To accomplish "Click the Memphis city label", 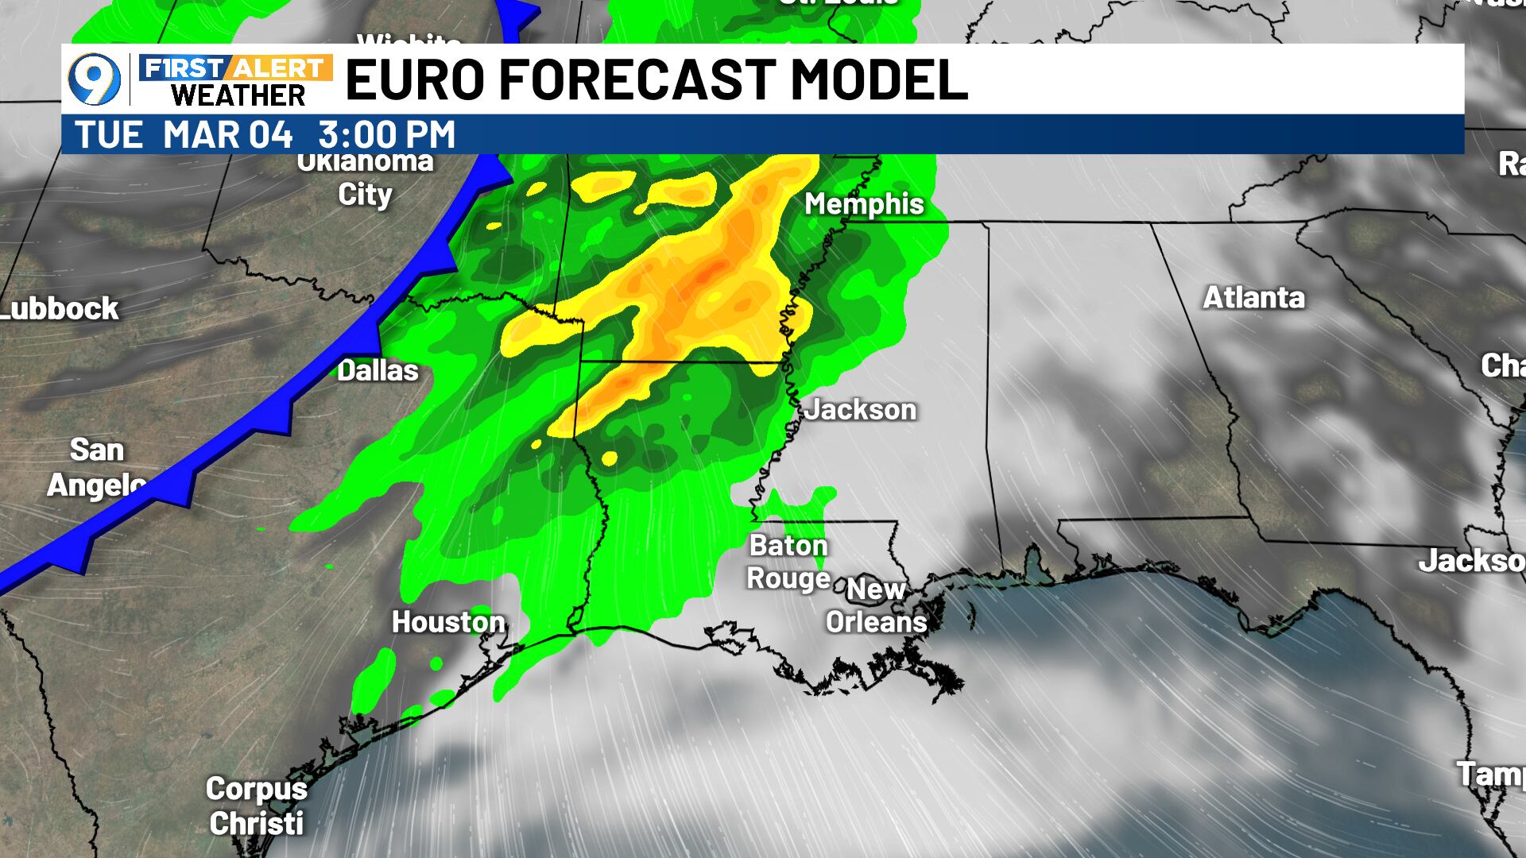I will click(864, 204).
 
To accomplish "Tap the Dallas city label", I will click(378, 370).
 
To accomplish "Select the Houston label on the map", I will click(448, 622).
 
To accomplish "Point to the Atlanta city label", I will click(1253, 298).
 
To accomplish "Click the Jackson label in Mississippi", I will click(860, 410).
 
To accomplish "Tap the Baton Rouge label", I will click(788, 562).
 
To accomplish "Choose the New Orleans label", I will click(876, 605).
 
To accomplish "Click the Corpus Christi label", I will click(256, 806).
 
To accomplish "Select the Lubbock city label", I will click(60, 308).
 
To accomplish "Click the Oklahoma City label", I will click(366, 179).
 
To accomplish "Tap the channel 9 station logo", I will click(95, 79).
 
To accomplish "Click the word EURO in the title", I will click(414, 79).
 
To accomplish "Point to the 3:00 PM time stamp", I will click(387, 134).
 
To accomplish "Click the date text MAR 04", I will click(228, 134).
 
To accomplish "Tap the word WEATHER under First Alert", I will click(238, 96).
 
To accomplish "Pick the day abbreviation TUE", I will click(109, 134).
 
